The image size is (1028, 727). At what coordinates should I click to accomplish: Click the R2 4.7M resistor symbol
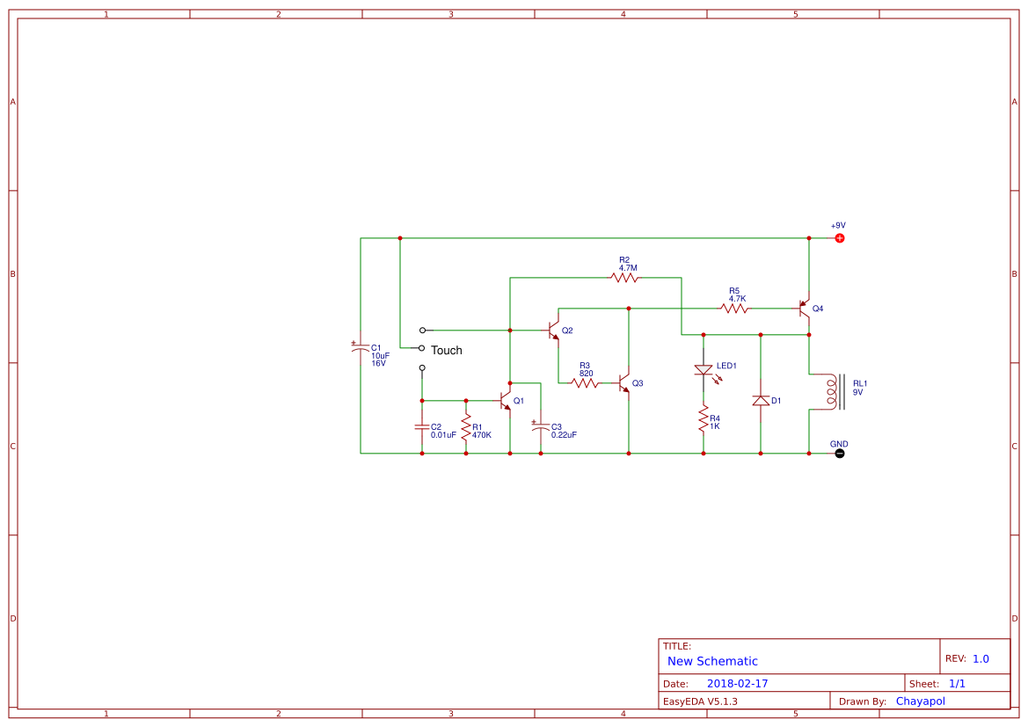point(624,278)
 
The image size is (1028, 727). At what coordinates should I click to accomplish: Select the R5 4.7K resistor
point(734,309)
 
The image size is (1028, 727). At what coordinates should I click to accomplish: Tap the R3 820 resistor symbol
point(585,382)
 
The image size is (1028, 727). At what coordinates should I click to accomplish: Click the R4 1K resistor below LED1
point(704,418)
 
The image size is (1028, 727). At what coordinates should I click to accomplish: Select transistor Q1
point(506,400)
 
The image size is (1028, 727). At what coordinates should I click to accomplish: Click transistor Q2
point(553,331)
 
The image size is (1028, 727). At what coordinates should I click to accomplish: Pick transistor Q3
point(623,383)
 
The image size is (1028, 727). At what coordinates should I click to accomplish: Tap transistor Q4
point(804,309)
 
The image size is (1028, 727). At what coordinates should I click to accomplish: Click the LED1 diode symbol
point(704,370)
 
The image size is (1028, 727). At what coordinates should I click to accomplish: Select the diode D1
point(761,400)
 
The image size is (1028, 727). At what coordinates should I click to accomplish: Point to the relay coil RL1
point(831,392)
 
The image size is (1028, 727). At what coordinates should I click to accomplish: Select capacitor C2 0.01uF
point(422,428)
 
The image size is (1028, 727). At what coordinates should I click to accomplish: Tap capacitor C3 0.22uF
point(541,428)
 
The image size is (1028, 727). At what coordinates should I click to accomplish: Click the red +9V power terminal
point(839,238)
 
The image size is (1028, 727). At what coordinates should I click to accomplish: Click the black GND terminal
point(839,454)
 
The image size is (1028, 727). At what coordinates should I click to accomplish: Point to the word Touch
point(446,351)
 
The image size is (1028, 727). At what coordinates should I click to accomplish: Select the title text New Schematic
point(712,661)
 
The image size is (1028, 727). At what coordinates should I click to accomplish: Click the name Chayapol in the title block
point(920,702)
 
